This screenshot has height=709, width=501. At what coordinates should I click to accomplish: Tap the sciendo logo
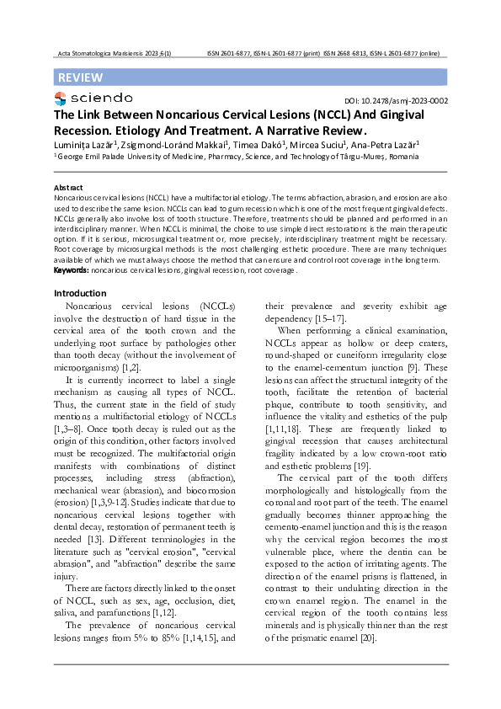[x=93, y=99]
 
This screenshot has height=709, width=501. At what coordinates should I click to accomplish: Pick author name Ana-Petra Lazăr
[x=379, y=145]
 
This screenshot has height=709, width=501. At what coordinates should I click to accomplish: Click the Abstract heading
[x=68, y=187]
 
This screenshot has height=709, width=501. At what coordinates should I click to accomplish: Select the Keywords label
[x=72, y=270]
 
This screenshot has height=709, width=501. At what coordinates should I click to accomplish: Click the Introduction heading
[x=79, y=293]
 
